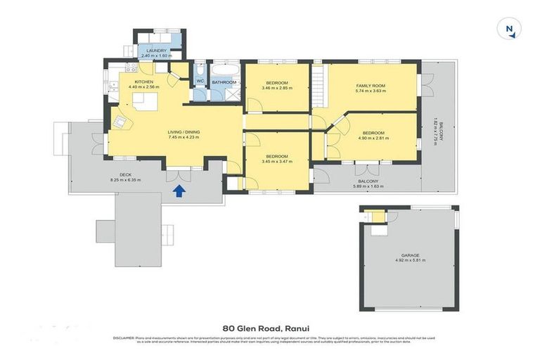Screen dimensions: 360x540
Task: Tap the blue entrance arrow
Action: click(x=179, y=190)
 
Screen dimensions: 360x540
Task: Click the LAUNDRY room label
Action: click(x=155, y=51)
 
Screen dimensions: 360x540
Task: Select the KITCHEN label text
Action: click(x=144, y=82)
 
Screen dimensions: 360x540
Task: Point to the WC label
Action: click(x=200, y=82)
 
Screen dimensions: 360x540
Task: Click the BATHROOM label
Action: click(x=224, y=82)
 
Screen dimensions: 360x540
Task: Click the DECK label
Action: click(x=126, y=175)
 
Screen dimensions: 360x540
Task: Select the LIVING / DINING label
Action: click(x=184, y=132)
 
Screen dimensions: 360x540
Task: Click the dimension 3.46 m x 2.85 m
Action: click(x=275, y=88)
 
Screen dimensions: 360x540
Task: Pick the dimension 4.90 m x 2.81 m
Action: click(x=373, y=139)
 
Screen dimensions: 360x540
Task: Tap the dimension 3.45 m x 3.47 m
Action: click(x=276, y=161)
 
